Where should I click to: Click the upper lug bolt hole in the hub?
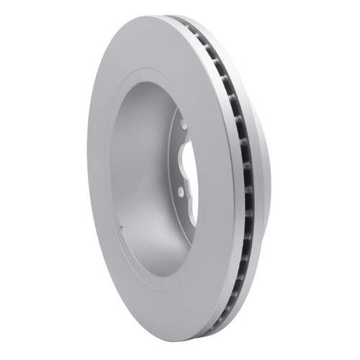(184, 125)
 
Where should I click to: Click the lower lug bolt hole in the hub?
(180, 190)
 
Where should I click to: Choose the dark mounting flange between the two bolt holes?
(177, 158)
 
